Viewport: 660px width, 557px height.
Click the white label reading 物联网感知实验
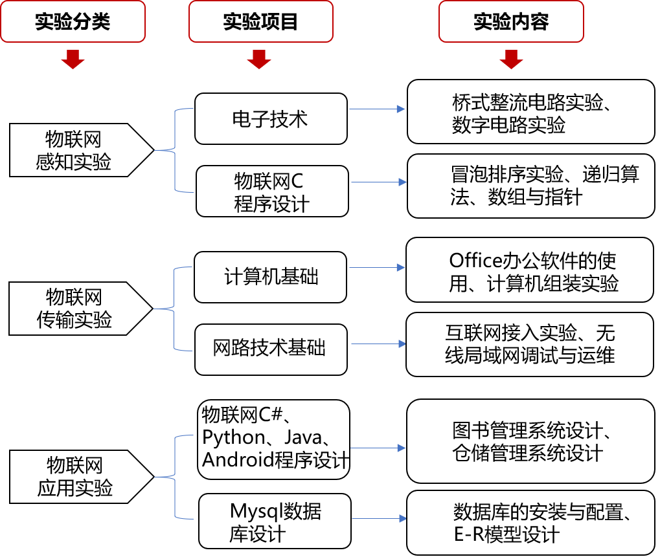point(74,150)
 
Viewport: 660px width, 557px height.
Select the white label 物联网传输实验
point(74,309)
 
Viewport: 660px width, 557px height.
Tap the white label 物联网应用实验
point(74,477)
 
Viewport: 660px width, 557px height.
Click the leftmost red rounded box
point(73,21)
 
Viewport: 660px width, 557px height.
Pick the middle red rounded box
point(261,21)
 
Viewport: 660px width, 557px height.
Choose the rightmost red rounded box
point(511,21)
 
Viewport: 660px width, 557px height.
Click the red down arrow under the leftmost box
point(73,59)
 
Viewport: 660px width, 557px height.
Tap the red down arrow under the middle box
point(259,59)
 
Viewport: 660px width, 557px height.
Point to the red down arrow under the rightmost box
point(511,59)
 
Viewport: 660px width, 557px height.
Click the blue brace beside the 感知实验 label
point(176,150)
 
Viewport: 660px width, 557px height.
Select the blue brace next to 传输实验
point(175,309)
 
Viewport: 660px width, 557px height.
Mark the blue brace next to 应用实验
point(176,477)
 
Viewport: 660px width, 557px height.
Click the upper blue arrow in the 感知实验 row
point(377,109)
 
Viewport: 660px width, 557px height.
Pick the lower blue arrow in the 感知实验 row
point(379,182)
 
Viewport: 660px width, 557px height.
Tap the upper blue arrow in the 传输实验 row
point(377,267)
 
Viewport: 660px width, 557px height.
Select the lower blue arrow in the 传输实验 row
point(378,344)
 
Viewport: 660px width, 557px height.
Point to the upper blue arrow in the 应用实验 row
point(378,448)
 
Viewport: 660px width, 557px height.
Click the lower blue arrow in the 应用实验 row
point(379,518)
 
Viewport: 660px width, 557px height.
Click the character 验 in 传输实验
point(102,320)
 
